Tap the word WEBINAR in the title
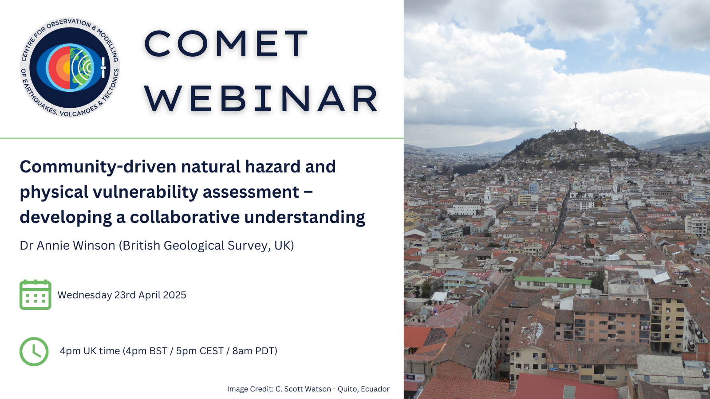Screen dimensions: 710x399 261,99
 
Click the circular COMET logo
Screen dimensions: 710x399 70,67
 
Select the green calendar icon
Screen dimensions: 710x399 35,294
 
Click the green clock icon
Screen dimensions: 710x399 34,352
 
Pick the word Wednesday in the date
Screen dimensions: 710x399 85,295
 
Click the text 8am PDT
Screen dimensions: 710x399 253,351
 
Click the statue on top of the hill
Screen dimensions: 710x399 575,126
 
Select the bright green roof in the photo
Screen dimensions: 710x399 552,280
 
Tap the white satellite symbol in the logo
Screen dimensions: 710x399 103,67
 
